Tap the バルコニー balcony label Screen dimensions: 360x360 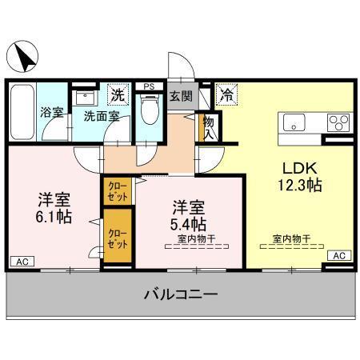point(181,294)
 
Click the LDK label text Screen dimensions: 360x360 point(299,169)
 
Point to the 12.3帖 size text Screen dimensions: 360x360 point(299,186)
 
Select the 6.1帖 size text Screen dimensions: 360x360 point(51,216)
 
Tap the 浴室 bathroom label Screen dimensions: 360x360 point(51,113)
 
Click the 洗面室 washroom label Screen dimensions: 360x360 point(102,115)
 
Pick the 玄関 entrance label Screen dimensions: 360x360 point(181,97)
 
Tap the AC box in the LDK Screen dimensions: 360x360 point(339,255)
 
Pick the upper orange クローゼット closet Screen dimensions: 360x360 point(117,191)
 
